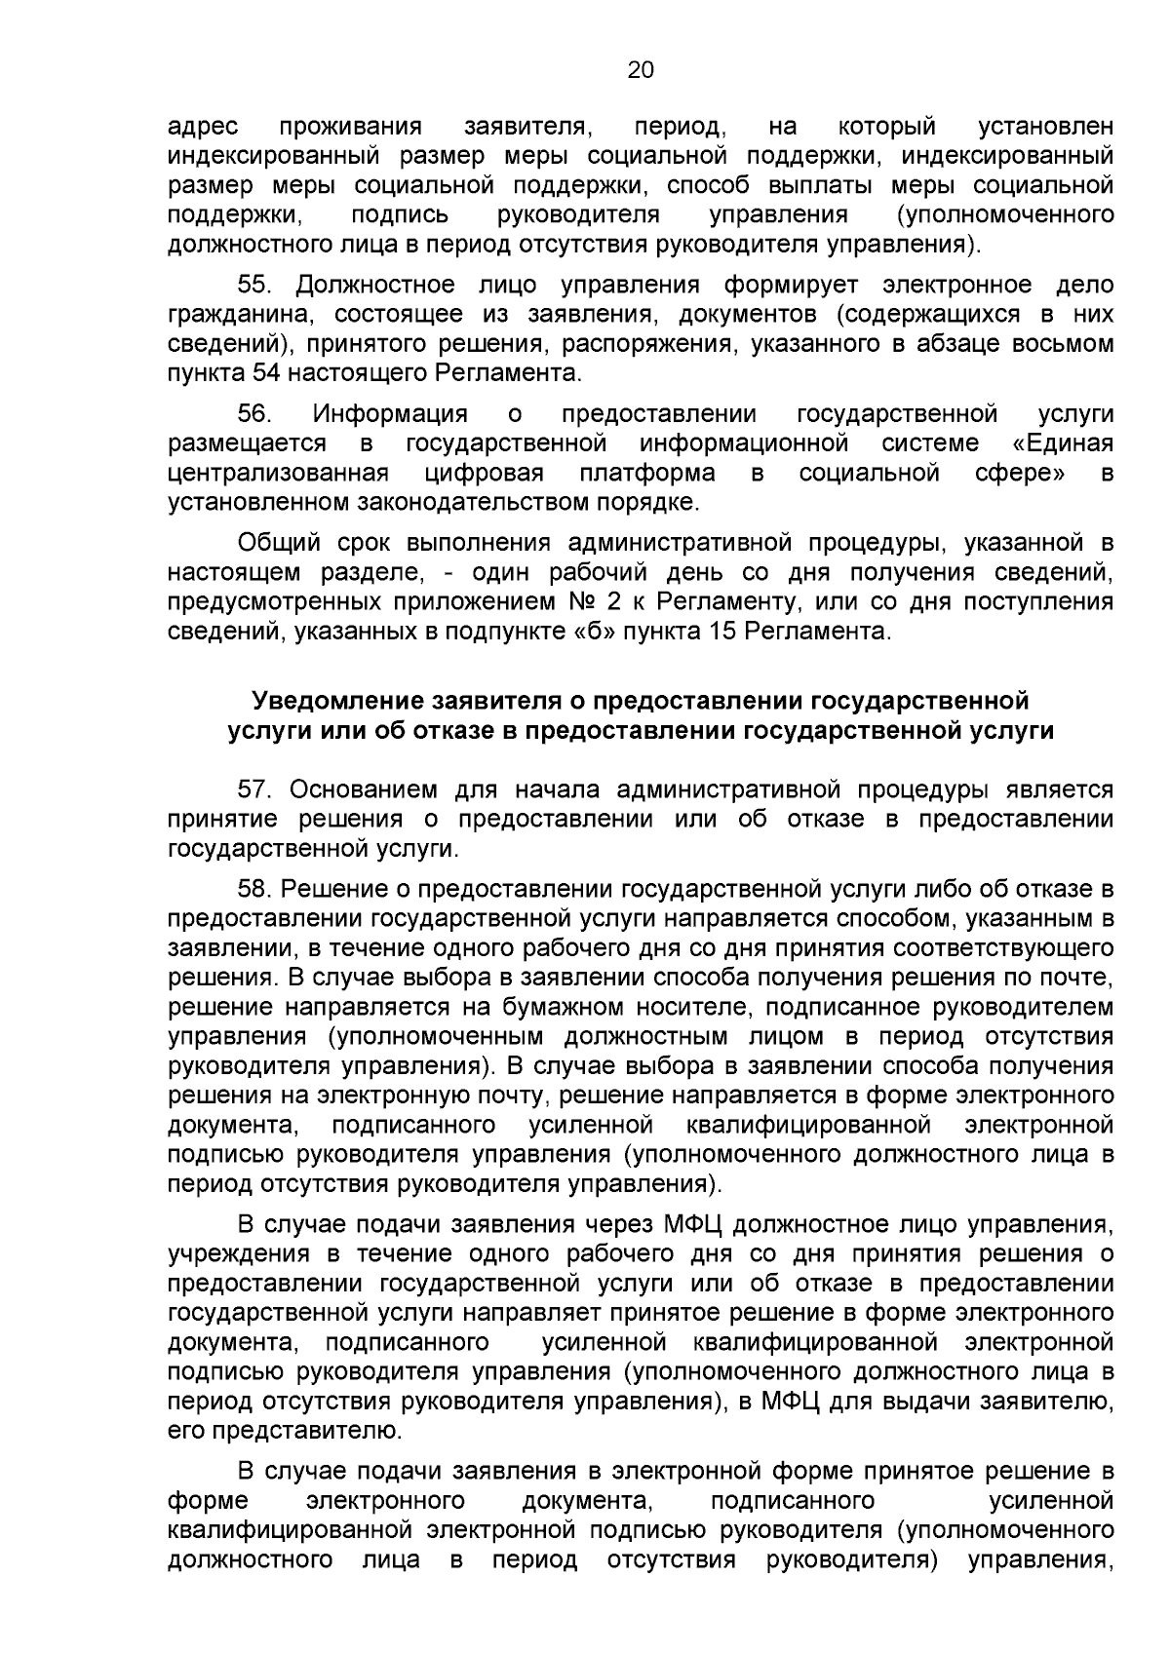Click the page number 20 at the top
pyautogui.click(x=640, y=70)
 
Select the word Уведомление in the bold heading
pyautogui.click(x=334, y=701)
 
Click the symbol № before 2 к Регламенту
pyautogui.click(x=561, y=601)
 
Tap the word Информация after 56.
pyautogui.click(x=389, y=414)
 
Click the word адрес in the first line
pyautogui.click(x=204, y=127)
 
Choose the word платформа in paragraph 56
pyautogui.click(x=646, y=474)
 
